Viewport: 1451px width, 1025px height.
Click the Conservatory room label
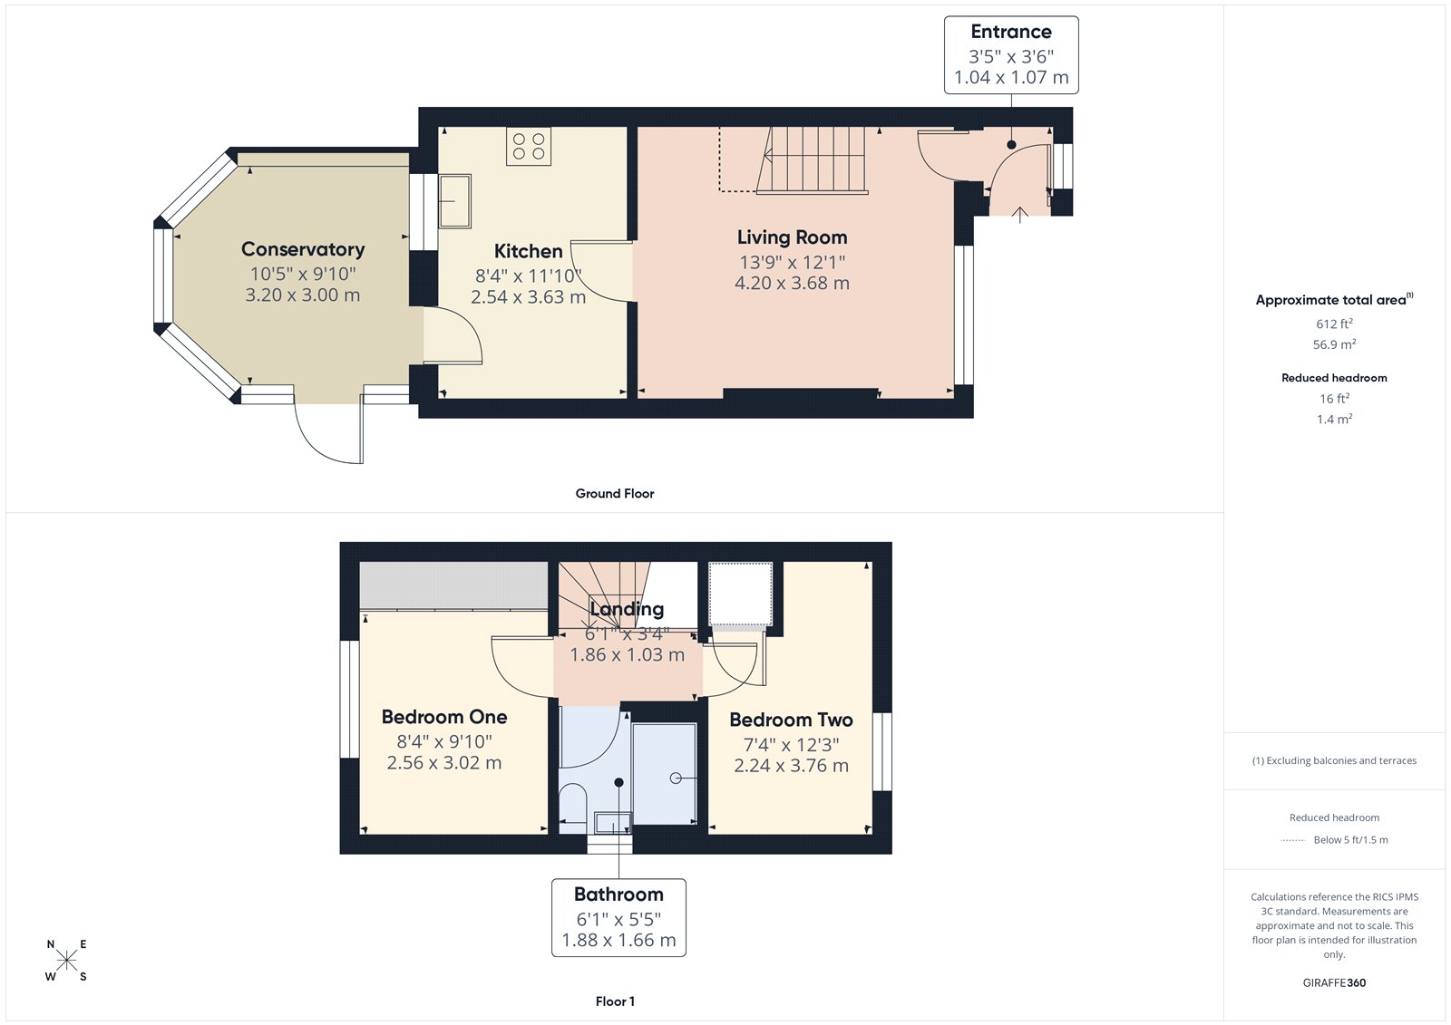point(303,249)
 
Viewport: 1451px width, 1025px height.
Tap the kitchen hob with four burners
point(529,147)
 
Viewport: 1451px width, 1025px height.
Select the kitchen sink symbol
point(455,201)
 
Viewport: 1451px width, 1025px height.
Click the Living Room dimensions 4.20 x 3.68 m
point(792,283)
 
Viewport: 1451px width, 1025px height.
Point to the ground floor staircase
point(812,160)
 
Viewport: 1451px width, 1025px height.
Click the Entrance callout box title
point(1011,32)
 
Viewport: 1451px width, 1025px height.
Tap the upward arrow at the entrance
point(1019,214)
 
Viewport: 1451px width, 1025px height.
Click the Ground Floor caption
point(614,493)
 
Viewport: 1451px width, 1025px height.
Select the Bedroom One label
point(443,717)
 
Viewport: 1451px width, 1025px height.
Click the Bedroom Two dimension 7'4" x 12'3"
point(791,744)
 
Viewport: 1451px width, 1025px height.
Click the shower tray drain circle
point(676,778)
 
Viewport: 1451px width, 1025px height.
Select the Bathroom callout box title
point(618,894)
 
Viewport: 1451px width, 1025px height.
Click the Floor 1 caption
point(615,1001)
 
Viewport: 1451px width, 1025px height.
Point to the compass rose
point(66,961)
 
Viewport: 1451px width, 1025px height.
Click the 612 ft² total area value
point(1334,324)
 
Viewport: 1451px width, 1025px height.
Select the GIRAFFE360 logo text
point(1334,982)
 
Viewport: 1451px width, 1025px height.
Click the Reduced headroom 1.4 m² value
point(1334,419)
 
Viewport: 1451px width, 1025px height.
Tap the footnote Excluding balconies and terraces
point(1334,760)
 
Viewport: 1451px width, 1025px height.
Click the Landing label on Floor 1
point(627,609)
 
